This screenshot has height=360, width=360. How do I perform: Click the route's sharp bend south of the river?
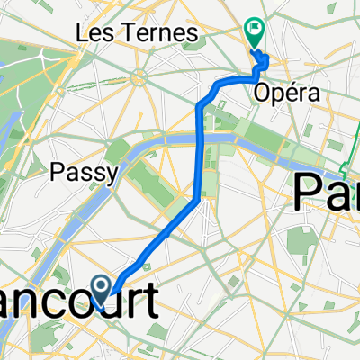[197, 200]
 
